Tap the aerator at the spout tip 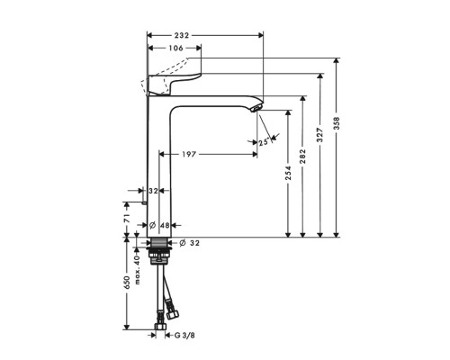click(256, 109)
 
